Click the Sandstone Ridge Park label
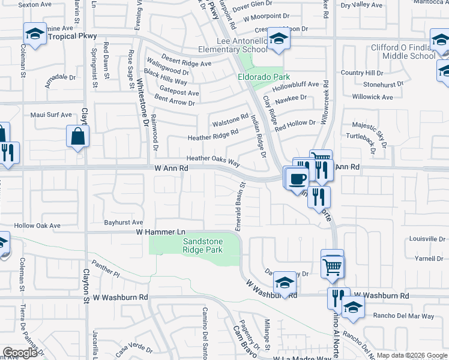click(202, 245)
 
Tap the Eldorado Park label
click(264, 77)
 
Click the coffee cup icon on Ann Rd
click(297, 179)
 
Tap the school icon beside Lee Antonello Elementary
click(278, 38)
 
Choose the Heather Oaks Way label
click(213, 160)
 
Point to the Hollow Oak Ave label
click(37, 226)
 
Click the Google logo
click(20, 353)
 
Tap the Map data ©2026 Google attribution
click(412, 355)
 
